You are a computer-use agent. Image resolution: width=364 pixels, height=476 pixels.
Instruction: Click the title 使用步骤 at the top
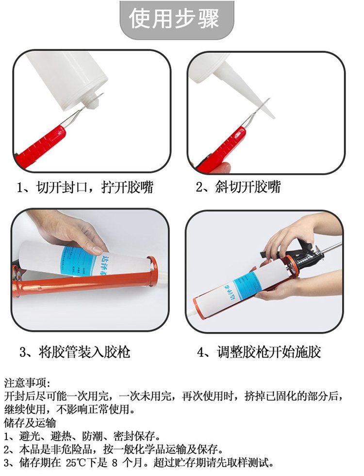pos(174,19)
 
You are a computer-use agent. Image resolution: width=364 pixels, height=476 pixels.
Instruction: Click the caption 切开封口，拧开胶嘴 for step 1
pos(95,187)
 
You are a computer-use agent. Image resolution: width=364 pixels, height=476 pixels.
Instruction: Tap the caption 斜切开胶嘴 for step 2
pos(248,187)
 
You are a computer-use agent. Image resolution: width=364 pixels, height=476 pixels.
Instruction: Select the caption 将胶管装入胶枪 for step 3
pos(85,352)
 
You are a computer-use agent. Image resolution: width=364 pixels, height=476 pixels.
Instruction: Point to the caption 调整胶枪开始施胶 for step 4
pos(269,352)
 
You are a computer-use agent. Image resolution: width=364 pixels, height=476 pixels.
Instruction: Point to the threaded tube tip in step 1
pos(92,100)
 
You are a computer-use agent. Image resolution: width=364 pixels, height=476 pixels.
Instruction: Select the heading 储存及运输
pos(30,423)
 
